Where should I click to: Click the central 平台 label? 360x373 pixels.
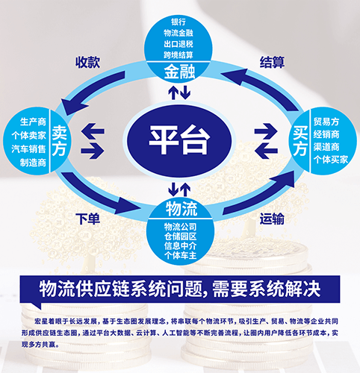click(x=179, y=140)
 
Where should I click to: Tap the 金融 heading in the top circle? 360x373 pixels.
click(x=179, y=72)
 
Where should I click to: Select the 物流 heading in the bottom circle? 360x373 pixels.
click(x=181, y=208)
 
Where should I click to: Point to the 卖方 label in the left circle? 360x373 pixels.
click(x=59, y=140)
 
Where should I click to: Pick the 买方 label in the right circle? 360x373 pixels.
click(x=300, y=141)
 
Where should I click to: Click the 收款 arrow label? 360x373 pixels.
click(x=88, y=62)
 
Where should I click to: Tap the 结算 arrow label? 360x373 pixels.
click(x=272, y=62)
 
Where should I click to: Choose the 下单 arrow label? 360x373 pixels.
click(x=88, y=219)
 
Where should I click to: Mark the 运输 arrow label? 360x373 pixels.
click(x=272, y=219)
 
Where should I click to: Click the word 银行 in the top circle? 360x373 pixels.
click(x=179, y=22)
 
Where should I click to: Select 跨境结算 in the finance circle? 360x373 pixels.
click(x=179, y=55)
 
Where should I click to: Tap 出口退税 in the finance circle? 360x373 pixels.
click(x=179, y=44)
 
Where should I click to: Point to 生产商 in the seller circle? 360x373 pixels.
click(x=33, y=122)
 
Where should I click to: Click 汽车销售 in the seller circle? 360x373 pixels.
click(x=29, y=149)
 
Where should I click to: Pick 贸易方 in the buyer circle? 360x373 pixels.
click(x=326, y=122)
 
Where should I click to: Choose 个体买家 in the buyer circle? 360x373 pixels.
click(x=331, y=160)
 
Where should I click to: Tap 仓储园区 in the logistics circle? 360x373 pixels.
click(x=180, y=236)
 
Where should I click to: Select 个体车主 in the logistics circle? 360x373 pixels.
click(x=180, y=255)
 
